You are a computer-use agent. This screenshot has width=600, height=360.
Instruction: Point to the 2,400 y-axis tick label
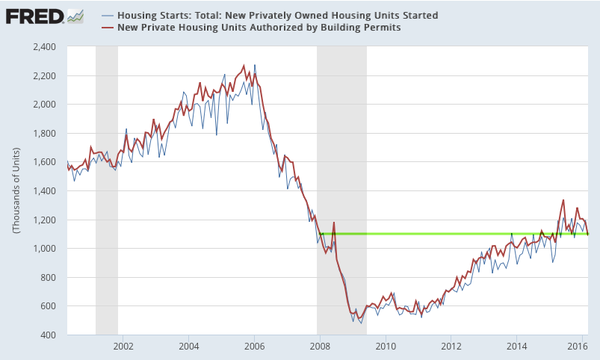click(x=45, y=47)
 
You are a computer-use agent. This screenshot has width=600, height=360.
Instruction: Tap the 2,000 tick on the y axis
click(x=45, y=105)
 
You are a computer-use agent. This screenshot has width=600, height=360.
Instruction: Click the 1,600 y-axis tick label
click(x=45, y=162)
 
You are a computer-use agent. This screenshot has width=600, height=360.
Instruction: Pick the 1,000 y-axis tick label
click(x=45, y=249)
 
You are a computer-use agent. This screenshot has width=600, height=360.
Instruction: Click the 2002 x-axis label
click(x=123, y=346)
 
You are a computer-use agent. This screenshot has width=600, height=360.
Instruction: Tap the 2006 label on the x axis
click(x=255, y=346)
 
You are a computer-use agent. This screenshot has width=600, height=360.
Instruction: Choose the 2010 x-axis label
click(x=386, y=346)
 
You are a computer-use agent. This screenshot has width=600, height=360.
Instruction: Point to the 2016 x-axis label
click(x=576, y=346)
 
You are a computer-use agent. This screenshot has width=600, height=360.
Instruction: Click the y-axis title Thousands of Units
click(x=16, y=191)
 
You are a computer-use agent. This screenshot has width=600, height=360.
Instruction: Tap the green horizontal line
click(x=448, y=234)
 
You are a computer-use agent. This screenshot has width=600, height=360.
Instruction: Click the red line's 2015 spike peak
click(x=563, y=200)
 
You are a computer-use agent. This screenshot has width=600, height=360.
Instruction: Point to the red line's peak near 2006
click(x=244, y=66)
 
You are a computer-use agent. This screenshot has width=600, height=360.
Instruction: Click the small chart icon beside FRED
click(x=75, y=15)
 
